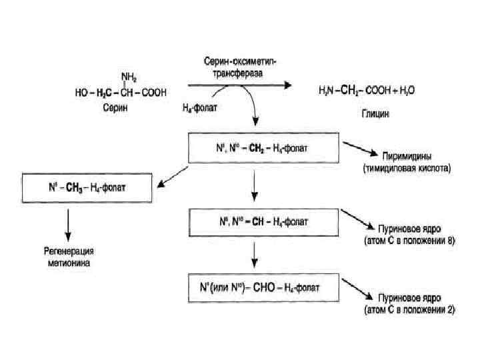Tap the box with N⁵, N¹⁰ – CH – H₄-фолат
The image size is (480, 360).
coord(255,218)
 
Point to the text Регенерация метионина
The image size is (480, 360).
coord(67,257)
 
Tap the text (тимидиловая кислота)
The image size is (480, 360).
coord(407,169)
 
